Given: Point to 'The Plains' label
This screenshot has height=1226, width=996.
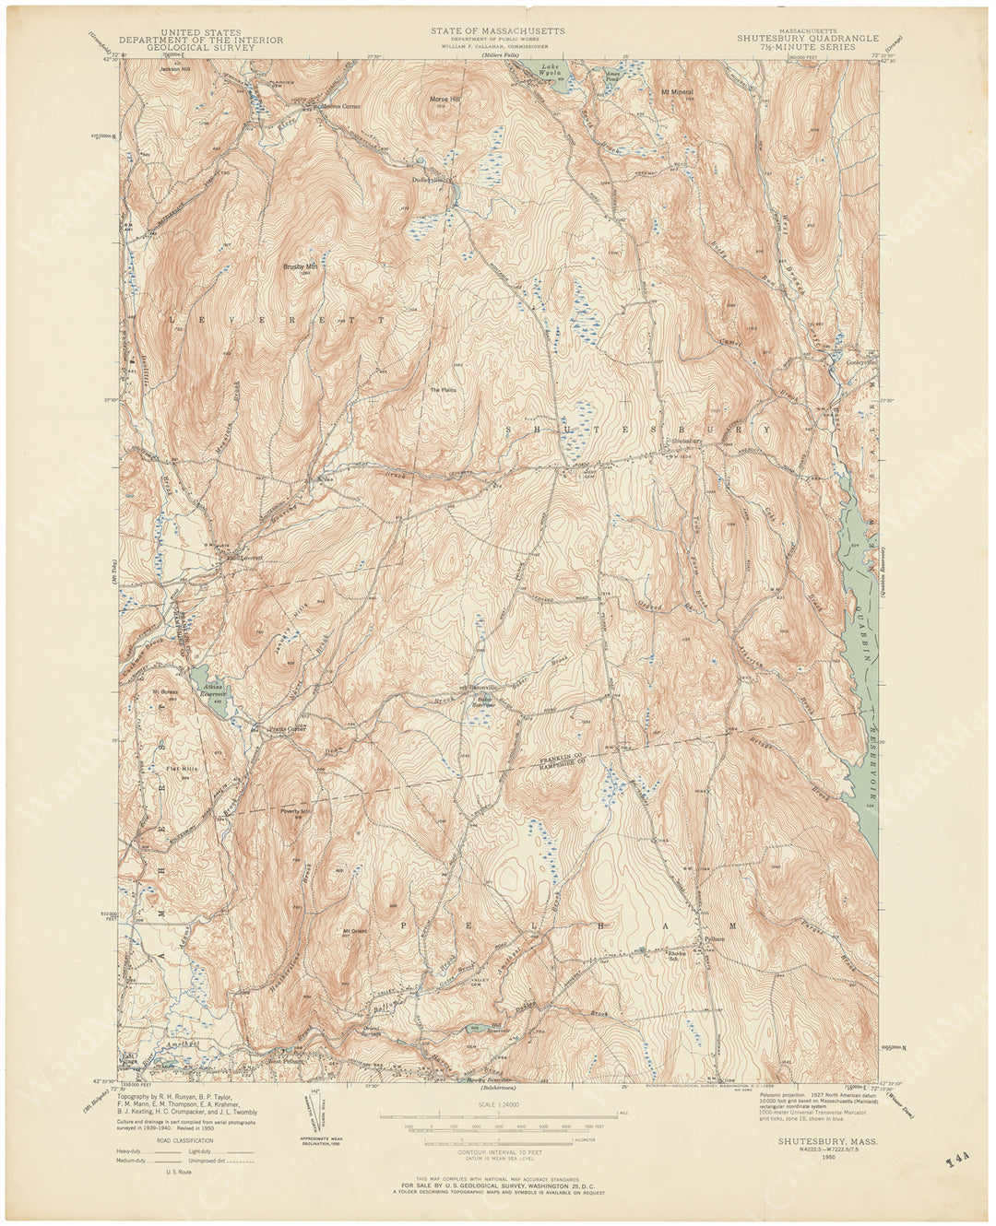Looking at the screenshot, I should click(444, 390).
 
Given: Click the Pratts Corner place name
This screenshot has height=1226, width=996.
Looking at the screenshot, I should click(286, 728).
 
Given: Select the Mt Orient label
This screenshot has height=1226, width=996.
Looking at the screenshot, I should click(356, 930).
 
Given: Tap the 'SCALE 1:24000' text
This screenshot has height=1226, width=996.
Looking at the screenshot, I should click(496, 1105).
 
